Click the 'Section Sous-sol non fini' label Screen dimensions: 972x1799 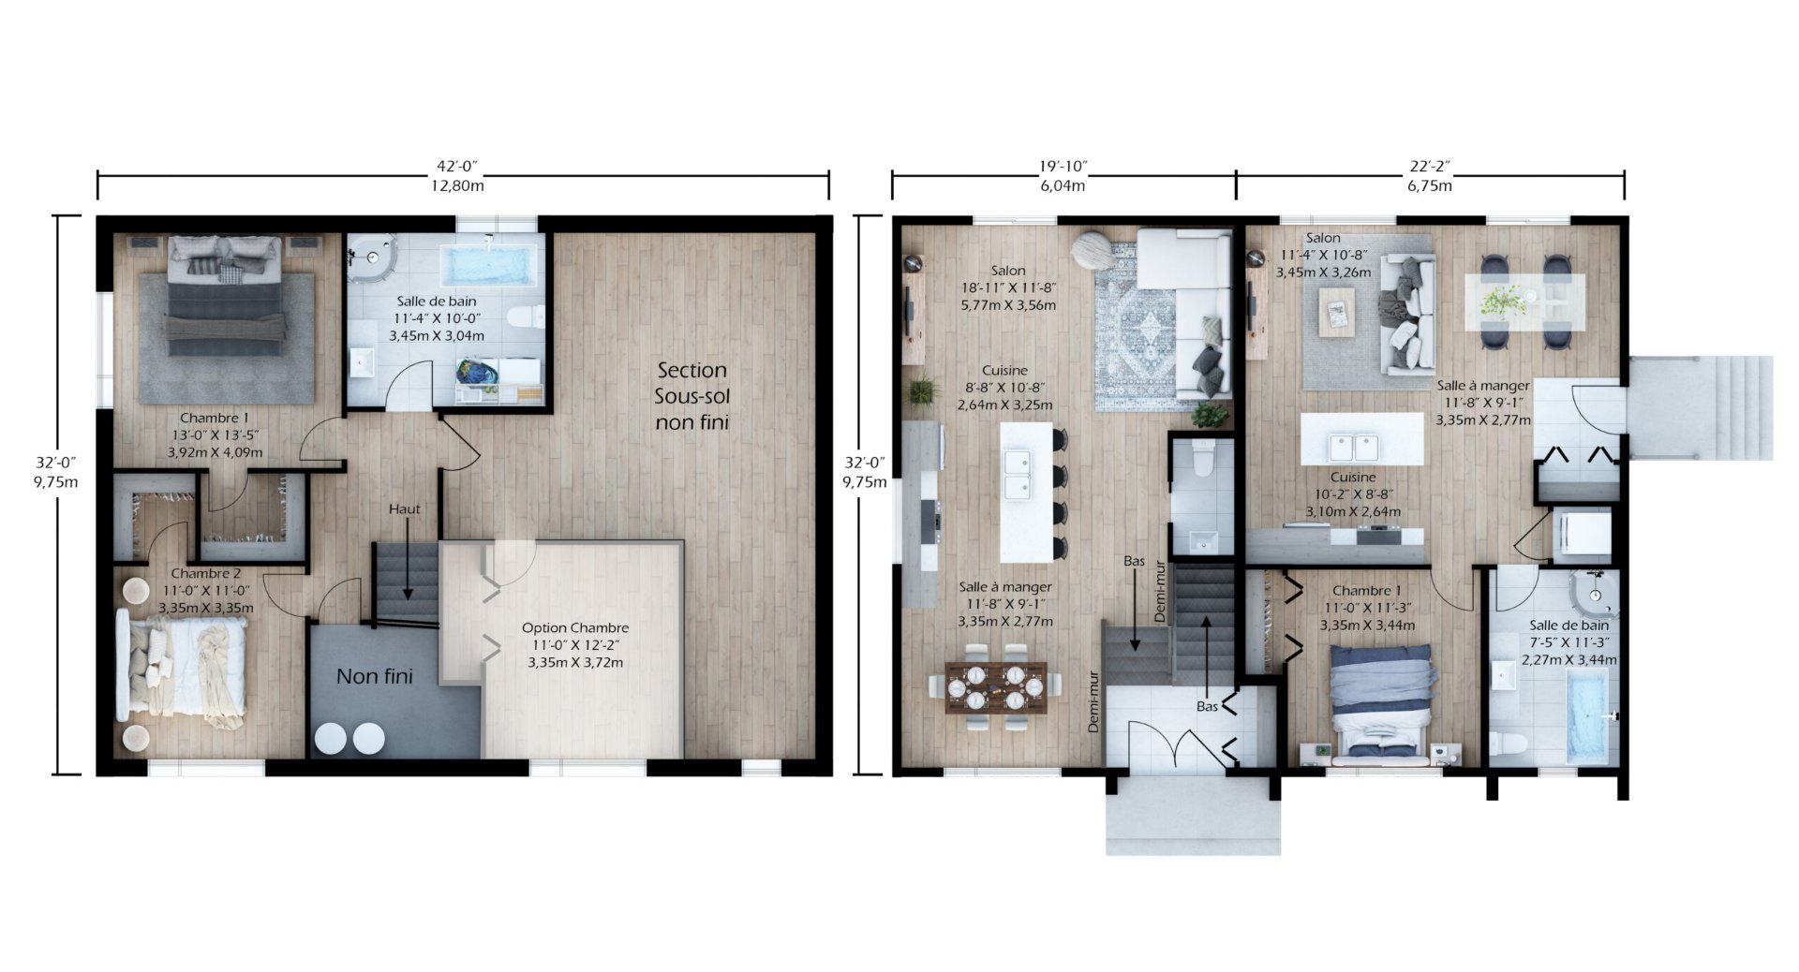[691, 396]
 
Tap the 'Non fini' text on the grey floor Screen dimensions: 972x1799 [374, 676]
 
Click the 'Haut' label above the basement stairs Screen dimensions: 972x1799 [405, 509]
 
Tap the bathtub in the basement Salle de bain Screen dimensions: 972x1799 [491, 265]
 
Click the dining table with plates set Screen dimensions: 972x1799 [996, 687]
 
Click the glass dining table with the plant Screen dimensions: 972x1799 [1525, 302]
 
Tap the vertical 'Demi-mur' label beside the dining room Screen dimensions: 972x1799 [1093, 700]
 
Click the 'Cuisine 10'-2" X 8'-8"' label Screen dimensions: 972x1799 [1353, 494]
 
